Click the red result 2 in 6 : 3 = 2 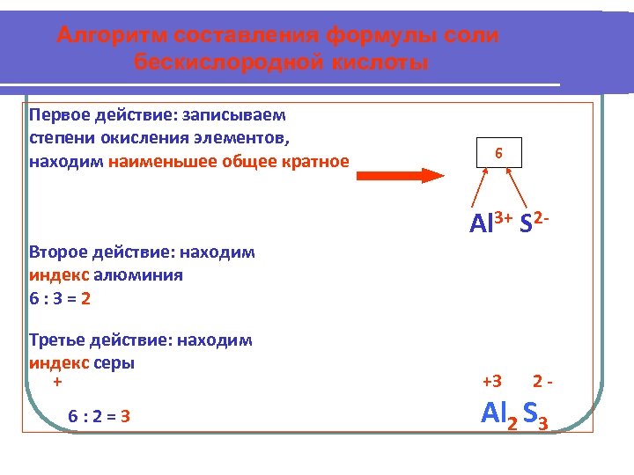coord(85,298)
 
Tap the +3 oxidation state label coord(492,381)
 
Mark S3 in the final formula coord(535,413)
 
